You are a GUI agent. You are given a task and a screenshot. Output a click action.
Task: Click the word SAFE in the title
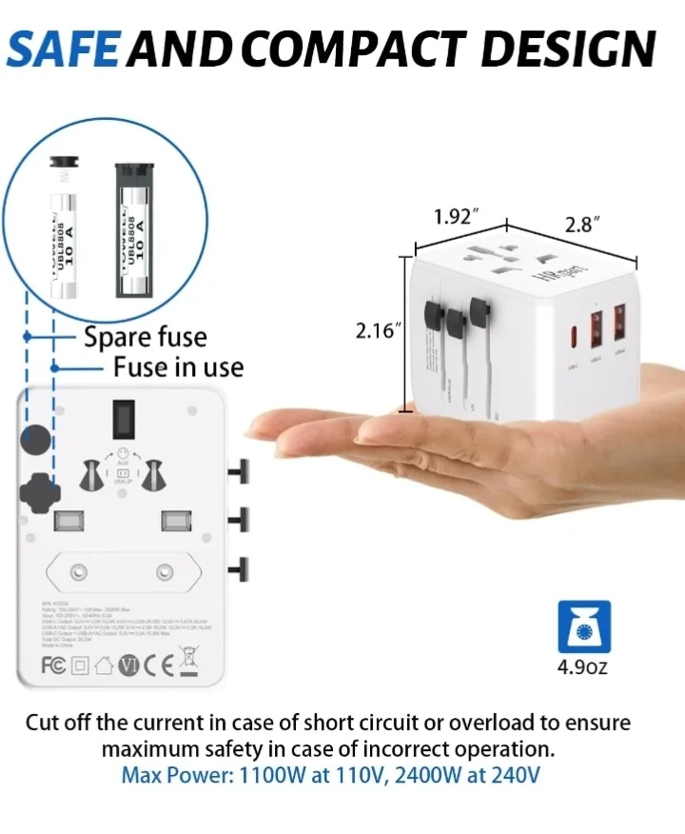pyautogui.click(x=65, y=48)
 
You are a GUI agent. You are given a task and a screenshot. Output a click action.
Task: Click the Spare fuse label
pyautogui.click(x=145, y=337)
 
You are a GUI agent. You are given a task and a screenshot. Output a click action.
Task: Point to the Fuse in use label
pyautogui.click(x=178, y=367)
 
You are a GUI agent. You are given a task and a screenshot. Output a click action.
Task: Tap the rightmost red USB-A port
pyautogui.click(x=619, y=329)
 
